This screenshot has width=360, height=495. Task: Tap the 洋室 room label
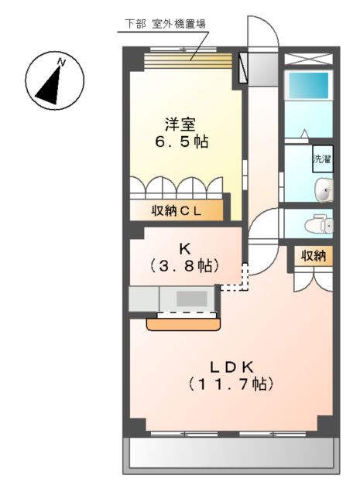pos(179,123)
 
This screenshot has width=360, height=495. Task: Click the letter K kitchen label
pos(185,248)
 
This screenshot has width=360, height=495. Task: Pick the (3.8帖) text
pos(185,265)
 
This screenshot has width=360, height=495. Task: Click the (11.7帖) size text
pos(230,384)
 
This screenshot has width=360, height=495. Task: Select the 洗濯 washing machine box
pos(322,159)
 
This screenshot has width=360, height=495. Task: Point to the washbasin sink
pos(324,188)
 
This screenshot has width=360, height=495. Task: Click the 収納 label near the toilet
pos(313,255)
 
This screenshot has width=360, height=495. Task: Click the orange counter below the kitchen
pos(182,323)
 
